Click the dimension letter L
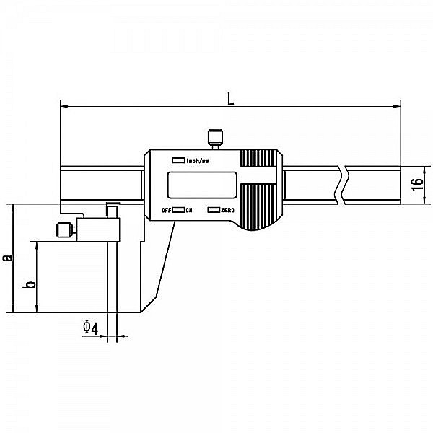[229, 98]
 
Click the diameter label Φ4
[90, 328]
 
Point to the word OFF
[165, 210]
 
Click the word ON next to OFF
[189, 210]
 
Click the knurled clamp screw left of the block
[63, 231]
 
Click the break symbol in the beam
[341, 184]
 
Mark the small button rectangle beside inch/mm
[178, 160]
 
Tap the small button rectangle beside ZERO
[214, 210]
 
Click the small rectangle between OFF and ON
[178, 210]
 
